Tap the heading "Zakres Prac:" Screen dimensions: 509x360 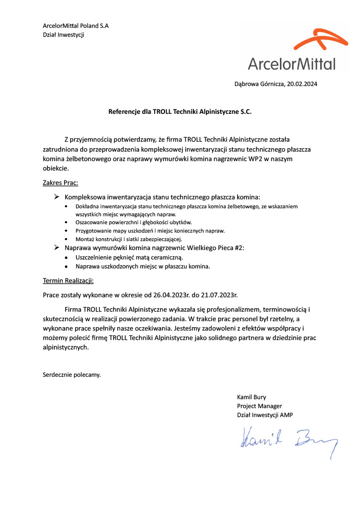pos(60,182)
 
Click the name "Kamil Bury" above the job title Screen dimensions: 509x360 pos(252,397)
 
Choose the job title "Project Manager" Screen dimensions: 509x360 pos(259,406)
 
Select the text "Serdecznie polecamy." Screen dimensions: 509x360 pos(72,374)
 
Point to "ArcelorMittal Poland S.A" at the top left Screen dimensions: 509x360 pos(76,25)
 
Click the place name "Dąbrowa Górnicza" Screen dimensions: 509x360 pos(259,84)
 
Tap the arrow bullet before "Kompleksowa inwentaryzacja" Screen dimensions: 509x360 pos(57,197)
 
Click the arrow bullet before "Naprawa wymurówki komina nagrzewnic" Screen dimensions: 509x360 pos(57,247)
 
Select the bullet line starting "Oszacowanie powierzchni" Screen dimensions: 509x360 pos(134,222)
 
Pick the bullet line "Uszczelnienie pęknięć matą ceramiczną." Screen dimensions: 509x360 pos(129,257)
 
